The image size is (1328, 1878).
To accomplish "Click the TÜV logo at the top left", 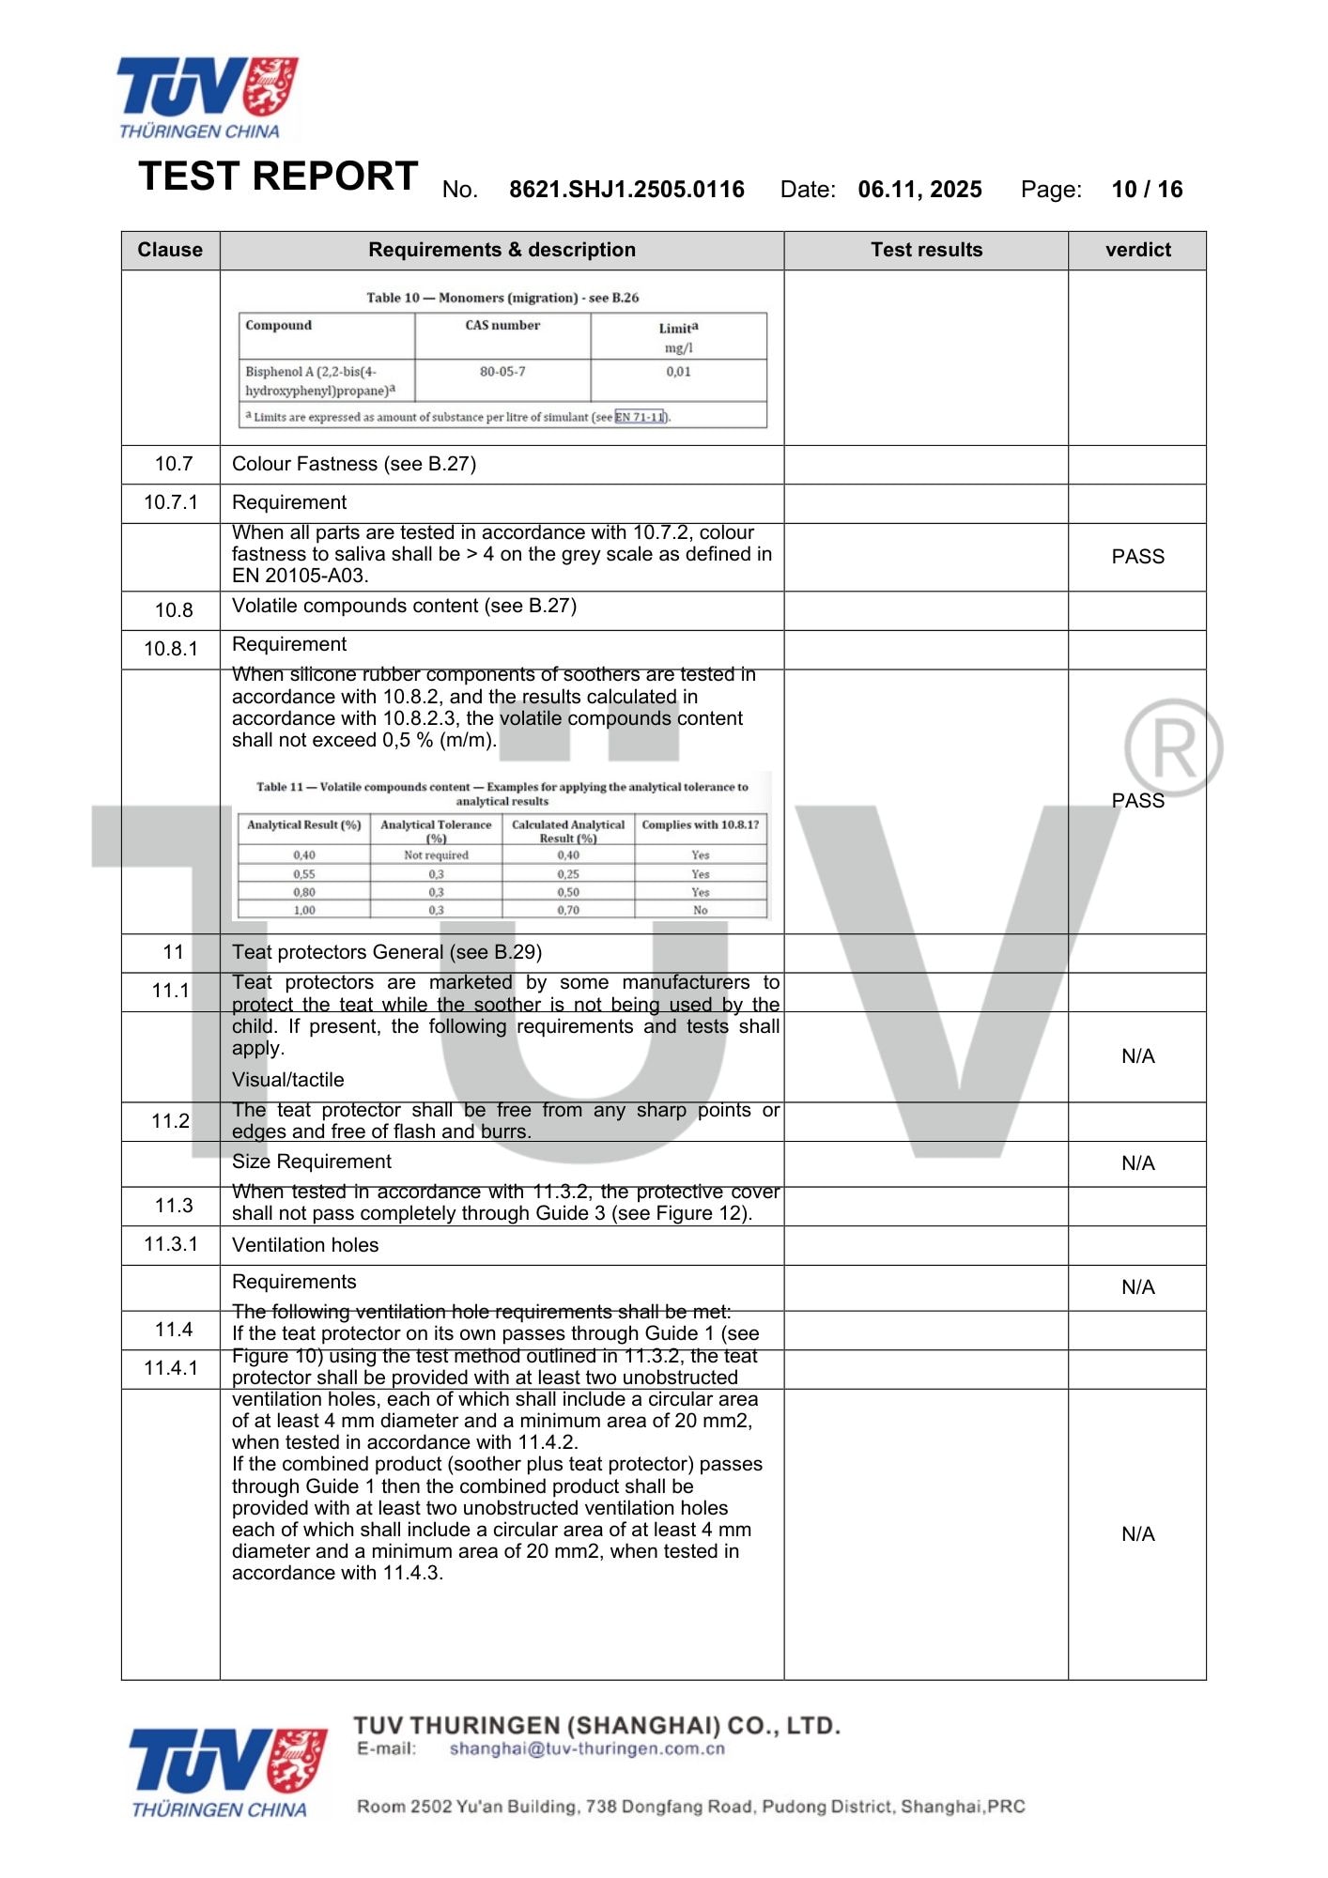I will point(207,97).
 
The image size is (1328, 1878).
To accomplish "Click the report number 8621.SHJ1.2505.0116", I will point(626,190).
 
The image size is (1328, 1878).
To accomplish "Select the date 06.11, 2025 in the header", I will point(919,190).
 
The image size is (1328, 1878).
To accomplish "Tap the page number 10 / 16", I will point(1147,190).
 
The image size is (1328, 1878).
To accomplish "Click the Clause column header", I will point(170,250).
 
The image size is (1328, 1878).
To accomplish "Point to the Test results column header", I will point(926,250).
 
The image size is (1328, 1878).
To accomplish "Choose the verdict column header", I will point(1137,250).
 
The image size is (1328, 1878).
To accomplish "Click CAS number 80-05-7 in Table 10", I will point(502,372).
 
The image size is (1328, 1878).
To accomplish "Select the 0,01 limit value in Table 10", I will point(678,372).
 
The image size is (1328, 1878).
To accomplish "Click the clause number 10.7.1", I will point(171,502).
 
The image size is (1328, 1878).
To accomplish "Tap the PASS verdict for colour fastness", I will point(1137,557).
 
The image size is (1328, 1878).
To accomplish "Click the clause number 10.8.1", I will point(171,649).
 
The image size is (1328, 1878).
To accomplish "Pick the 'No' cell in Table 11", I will point(701,910).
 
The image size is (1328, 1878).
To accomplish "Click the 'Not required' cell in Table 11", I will point(436,855).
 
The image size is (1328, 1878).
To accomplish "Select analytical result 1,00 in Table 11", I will point(304,910).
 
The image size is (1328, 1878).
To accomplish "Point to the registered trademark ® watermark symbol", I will point(1173,748).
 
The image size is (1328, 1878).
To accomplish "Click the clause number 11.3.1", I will point(171,1244).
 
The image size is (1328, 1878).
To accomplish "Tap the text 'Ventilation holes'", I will point(305,1245).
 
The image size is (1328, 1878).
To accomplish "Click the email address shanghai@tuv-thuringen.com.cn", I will point(587,1748).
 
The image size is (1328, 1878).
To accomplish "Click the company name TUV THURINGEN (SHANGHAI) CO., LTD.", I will point(596,1725).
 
